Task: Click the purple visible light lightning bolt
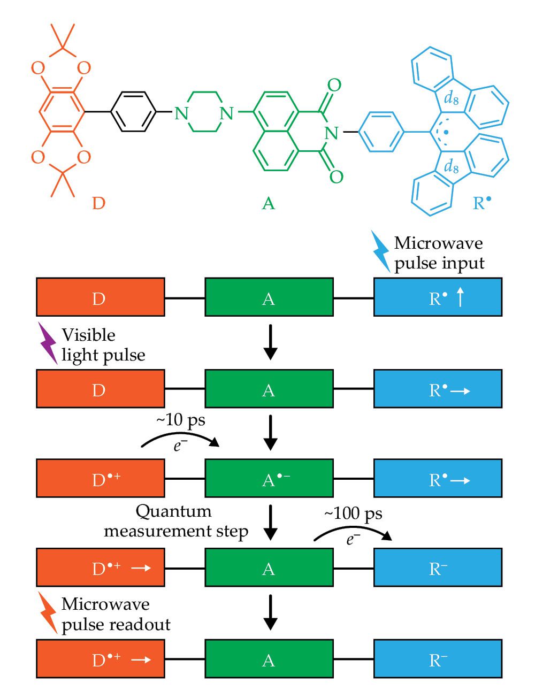[48, 342]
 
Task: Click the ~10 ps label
[180, 420]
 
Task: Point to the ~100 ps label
[353, 514]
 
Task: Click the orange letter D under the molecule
[98, 203]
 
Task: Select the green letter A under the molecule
[268, 203]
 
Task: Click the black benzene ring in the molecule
[133, 112]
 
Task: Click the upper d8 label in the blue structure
[451, 98]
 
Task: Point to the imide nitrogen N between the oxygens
[331, 132]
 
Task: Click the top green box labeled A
[269, 297]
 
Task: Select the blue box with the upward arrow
[438, 297]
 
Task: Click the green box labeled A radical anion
[269, 478]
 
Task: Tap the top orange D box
[100, 297]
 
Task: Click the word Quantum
[173, 511]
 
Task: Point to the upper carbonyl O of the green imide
[334, 85]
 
